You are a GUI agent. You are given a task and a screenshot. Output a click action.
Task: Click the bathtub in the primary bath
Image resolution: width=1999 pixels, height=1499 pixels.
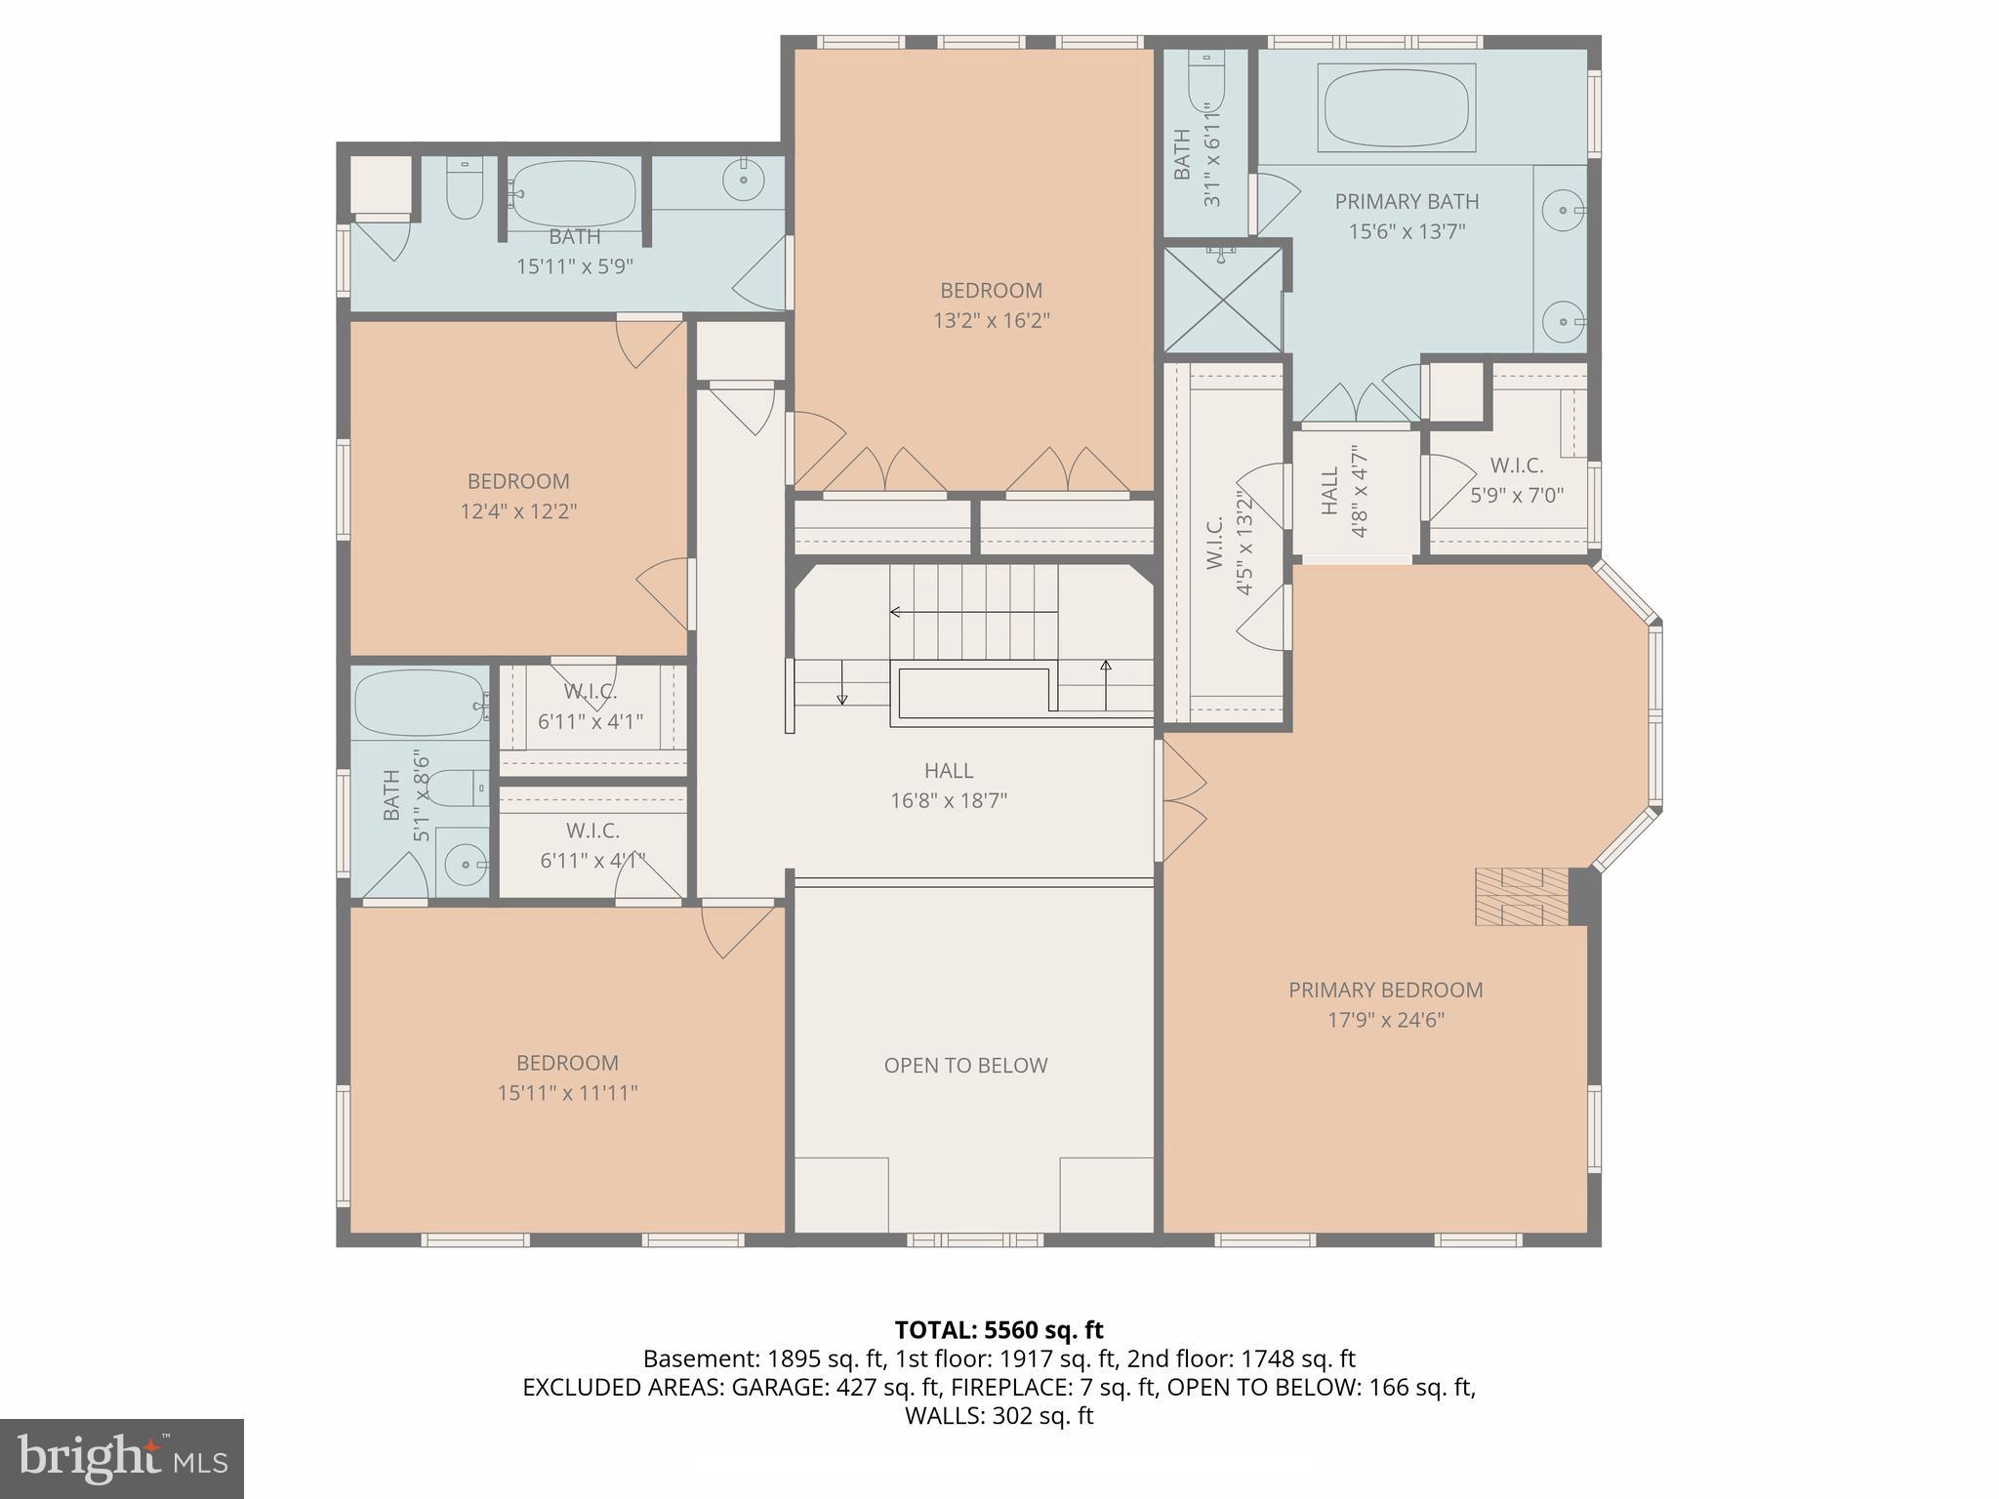coord(1396,107)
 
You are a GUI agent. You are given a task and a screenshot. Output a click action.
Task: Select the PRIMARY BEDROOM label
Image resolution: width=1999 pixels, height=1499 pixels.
coord(1385,990)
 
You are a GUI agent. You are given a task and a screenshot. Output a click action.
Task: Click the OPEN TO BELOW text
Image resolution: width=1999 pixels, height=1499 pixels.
coord(965,1066)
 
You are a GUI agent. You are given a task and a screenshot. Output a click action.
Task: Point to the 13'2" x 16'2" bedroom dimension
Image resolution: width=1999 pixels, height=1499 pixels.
coord(991,320)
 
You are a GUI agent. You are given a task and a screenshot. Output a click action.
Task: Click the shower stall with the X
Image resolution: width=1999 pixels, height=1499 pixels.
coord(1223,300)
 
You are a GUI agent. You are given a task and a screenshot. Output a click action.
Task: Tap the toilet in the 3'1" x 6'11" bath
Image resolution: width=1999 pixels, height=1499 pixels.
coord(1206,83)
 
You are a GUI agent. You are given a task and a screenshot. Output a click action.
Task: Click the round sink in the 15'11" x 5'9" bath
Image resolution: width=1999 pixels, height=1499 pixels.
coord(744,180)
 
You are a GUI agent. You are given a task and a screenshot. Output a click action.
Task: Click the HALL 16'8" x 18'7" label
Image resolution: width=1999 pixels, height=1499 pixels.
coord(948,786)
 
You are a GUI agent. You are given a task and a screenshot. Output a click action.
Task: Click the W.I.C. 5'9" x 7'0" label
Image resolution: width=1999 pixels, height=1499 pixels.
coord(1516,480)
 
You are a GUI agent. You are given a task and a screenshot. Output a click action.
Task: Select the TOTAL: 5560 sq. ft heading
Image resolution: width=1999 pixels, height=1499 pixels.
coord(999,1330)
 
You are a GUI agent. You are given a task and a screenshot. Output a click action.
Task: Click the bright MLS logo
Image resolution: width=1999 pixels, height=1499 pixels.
coord(121,1459)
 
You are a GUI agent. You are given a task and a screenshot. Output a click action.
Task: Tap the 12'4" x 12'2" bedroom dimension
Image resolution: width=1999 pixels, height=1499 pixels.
coord(518,511)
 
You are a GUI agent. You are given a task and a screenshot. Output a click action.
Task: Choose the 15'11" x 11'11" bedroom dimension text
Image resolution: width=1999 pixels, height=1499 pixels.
coord(567,1093)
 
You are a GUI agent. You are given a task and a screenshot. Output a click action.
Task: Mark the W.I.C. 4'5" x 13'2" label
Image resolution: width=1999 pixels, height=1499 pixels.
coord(1228,543)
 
